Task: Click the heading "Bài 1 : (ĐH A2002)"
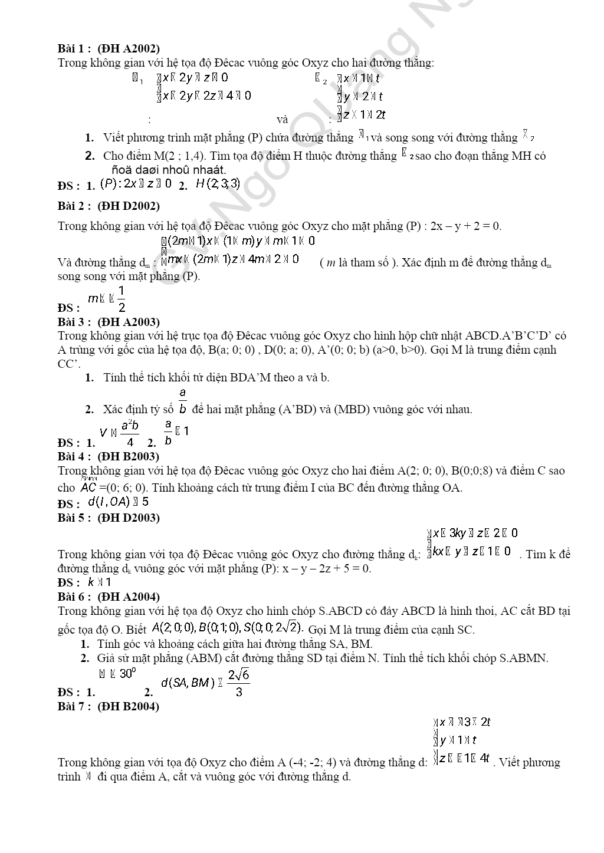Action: point(109,48)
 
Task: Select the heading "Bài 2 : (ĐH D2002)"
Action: point(109,206)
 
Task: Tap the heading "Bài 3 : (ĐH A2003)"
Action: point(109,322)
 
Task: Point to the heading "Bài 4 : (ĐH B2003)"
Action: point(109,456)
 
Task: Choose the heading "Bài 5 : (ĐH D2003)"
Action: point(109,518)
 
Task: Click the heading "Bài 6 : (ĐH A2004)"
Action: point(109,597)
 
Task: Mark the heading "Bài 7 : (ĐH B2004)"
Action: point(109,706)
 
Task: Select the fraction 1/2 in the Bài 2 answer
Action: point(122,299)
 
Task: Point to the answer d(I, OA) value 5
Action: point(145,502)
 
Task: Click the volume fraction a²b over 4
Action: point(130,433)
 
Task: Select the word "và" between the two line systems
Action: point(283,120)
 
